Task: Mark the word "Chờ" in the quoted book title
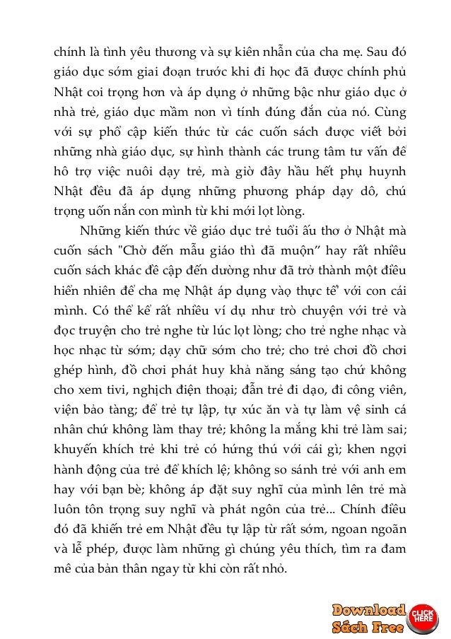point(141,250)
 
